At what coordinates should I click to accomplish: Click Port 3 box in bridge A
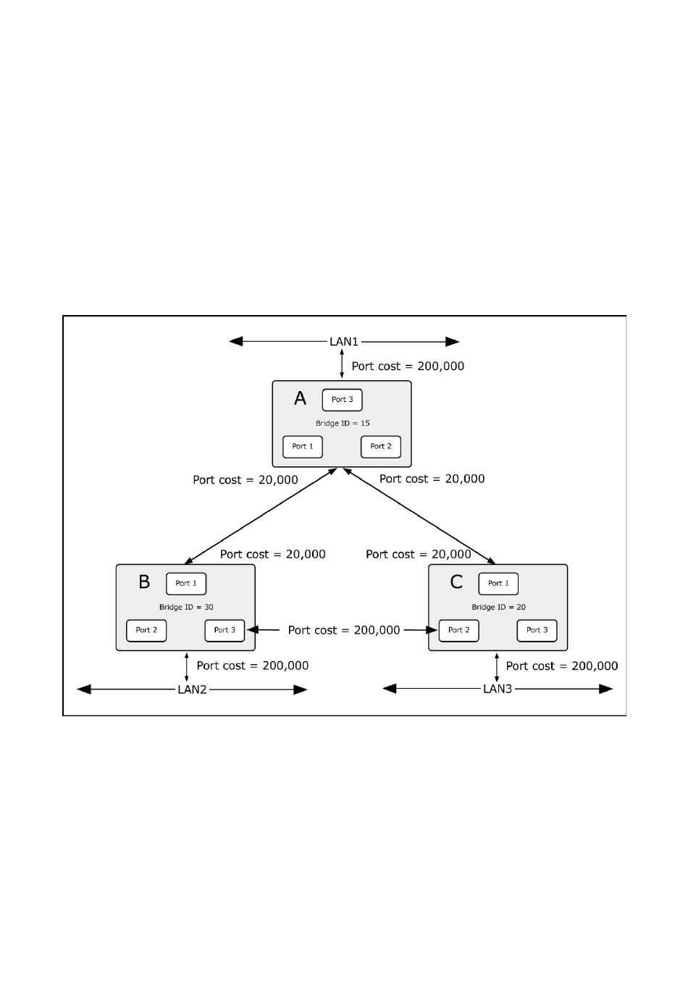[x=342, y=400]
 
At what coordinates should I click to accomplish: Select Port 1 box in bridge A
[x=302, y=447]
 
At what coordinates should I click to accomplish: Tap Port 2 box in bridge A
[x=381, y=447]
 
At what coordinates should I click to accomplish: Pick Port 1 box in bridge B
[x=186, y=584]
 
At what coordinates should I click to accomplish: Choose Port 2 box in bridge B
[x=146, y=630]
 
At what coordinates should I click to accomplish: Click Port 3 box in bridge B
[x=225, y=630]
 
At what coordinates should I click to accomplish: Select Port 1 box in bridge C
[x=498, y=584]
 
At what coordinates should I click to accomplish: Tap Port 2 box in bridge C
[x=458, y=630]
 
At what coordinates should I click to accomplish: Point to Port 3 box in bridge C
[x=537, y=630]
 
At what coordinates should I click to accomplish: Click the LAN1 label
[x=344, y=342]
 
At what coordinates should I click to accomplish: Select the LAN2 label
[x=192, y=689]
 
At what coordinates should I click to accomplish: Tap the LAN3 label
[x=498, y=689]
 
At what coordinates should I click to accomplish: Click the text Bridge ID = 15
[x=343, y=423]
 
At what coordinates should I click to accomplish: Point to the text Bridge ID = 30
[x=186, y=607]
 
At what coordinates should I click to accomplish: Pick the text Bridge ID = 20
[x=498, y=607]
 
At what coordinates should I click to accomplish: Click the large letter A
[x=300, y=398]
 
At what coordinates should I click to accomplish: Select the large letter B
[x=144, y=582]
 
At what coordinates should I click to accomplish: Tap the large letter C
[x=456, y=582]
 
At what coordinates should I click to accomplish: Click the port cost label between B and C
[x=344, y=630]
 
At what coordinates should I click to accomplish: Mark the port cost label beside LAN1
[x=408, y=366]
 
